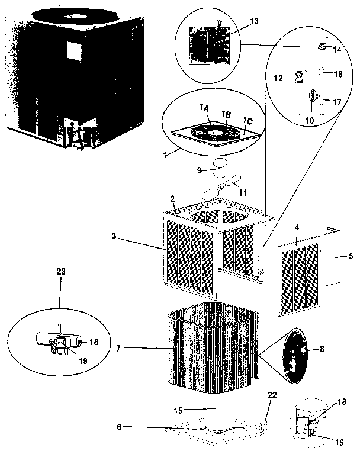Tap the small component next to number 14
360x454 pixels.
coord(322,47)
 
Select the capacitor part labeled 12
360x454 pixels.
coord(299,77)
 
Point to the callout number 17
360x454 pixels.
coord(337,102)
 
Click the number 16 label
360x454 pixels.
coord(338,75)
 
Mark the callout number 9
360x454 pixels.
coord(199,170)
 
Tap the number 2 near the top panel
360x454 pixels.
coord(172,199)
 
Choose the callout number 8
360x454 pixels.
coord(322,350)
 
